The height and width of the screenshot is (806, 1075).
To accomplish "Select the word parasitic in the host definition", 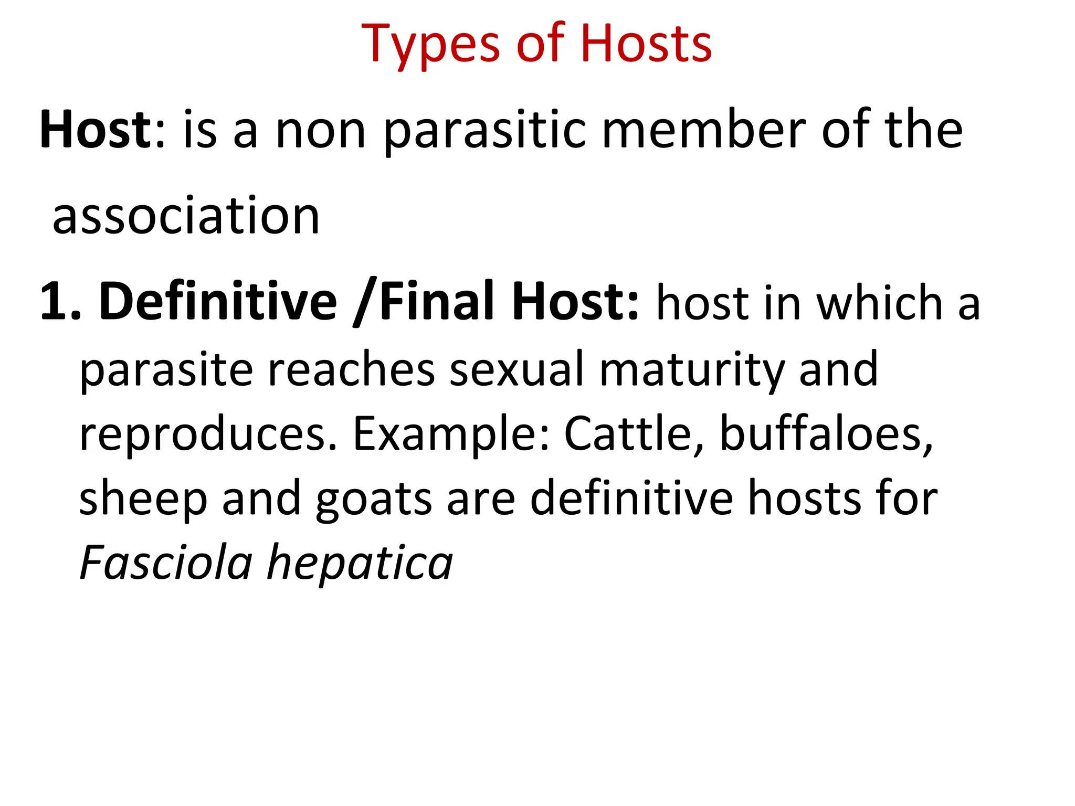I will pos(484,131).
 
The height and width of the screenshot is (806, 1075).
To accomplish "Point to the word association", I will pos(186,216).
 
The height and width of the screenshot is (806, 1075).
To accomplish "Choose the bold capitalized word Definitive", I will pos(218,302).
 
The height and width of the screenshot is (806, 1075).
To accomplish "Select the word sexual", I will pos(517,369).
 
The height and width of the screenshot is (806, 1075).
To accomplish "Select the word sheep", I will pos(143,500).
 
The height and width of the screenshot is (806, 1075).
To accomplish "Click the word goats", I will pos(374,500).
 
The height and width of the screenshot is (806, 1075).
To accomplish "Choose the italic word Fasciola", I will pos(166,563).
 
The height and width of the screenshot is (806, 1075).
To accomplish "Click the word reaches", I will pos(352,369).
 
